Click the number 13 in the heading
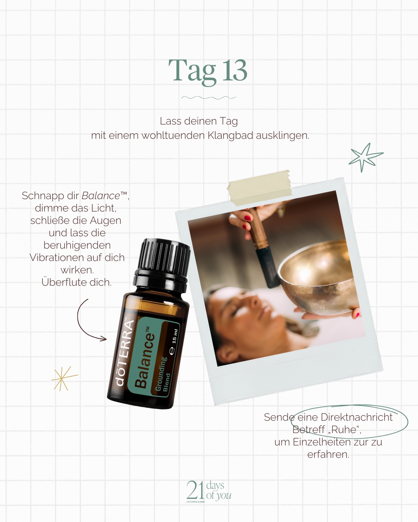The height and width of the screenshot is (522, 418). [x=235, y=70]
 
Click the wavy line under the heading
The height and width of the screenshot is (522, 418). [x=209, y=97]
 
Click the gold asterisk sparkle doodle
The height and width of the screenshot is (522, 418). [x=63, y=378]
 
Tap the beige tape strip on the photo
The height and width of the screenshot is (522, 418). [x=259, y=187]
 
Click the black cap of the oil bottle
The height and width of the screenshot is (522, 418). [x=163, y=262]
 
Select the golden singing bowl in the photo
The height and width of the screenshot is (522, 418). [x=318, y=276]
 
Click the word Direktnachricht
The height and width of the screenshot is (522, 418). [x=356, y=417]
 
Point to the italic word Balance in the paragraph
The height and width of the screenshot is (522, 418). [x=101, y=196]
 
